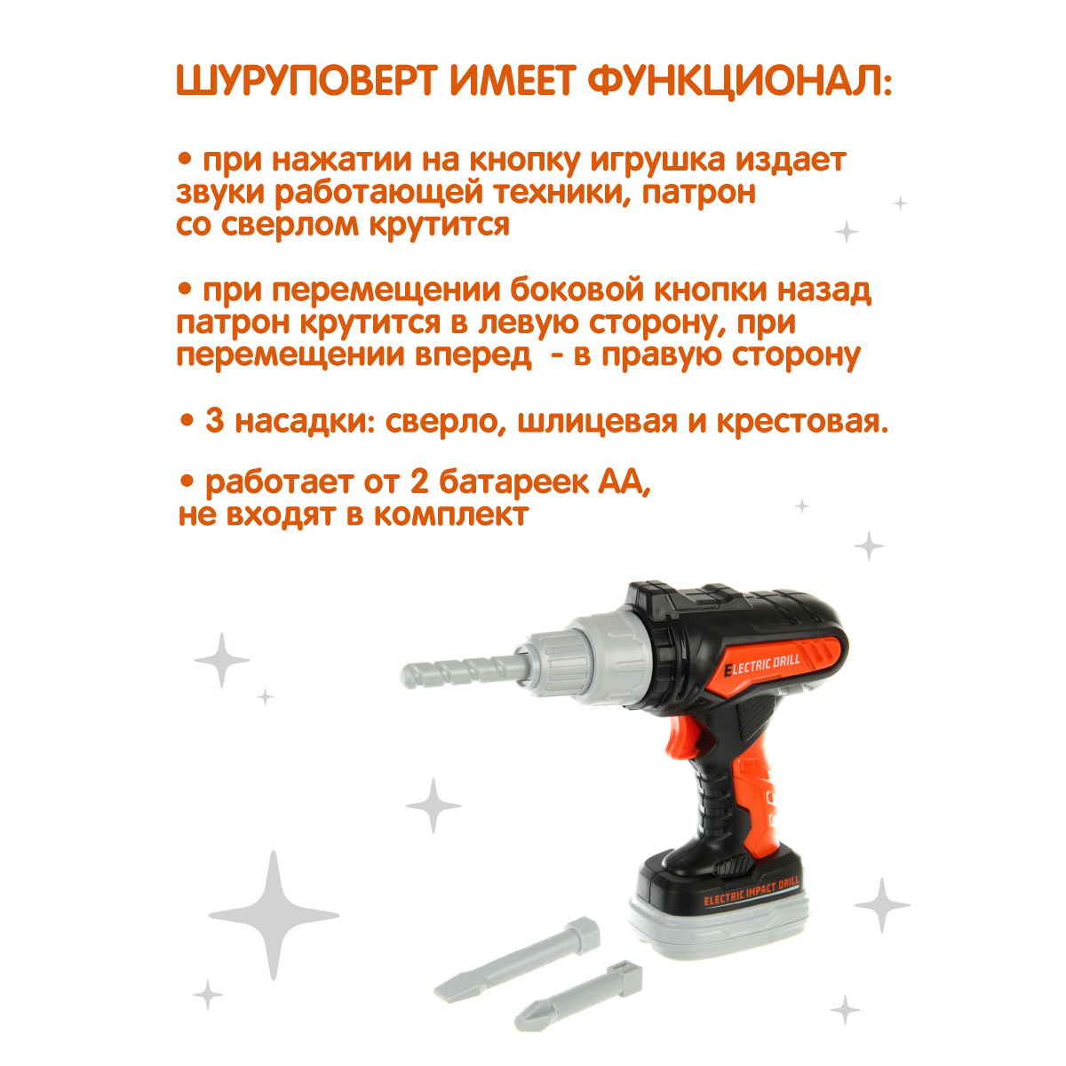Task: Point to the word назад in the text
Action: coord(817,290)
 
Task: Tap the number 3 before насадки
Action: coord(214,421)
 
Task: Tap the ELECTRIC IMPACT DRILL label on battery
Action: coord(751,892)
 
